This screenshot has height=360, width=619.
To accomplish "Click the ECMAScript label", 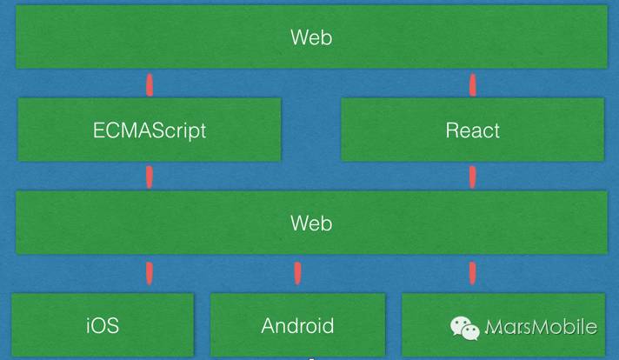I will (150, 130).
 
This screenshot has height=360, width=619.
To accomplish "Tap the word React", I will (472, 130).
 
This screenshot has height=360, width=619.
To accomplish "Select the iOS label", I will (103, 326).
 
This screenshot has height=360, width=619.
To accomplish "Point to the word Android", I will (297, 326).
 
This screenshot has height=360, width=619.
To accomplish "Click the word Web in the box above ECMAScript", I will (310, 37).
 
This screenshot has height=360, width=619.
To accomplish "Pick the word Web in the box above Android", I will (310, 223).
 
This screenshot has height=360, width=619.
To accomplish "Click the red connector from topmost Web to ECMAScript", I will (149, 84).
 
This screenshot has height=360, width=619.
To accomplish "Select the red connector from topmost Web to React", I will (472, 84).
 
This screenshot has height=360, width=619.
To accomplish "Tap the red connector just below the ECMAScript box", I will (149, 177).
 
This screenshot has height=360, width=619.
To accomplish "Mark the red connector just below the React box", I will (472, 177).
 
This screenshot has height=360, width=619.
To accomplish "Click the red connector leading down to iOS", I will (149, 272).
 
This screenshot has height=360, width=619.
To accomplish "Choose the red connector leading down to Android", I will (297, 272).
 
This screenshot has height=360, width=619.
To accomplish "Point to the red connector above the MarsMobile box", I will (472, 272).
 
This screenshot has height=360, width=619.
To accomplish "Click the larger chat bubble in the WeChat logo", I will (459, 323).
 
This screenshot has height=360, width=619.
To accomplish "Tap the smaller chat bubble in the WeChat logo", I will (470, 331).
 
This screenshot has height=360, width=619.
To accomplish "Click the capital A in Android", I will (268, 326).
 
